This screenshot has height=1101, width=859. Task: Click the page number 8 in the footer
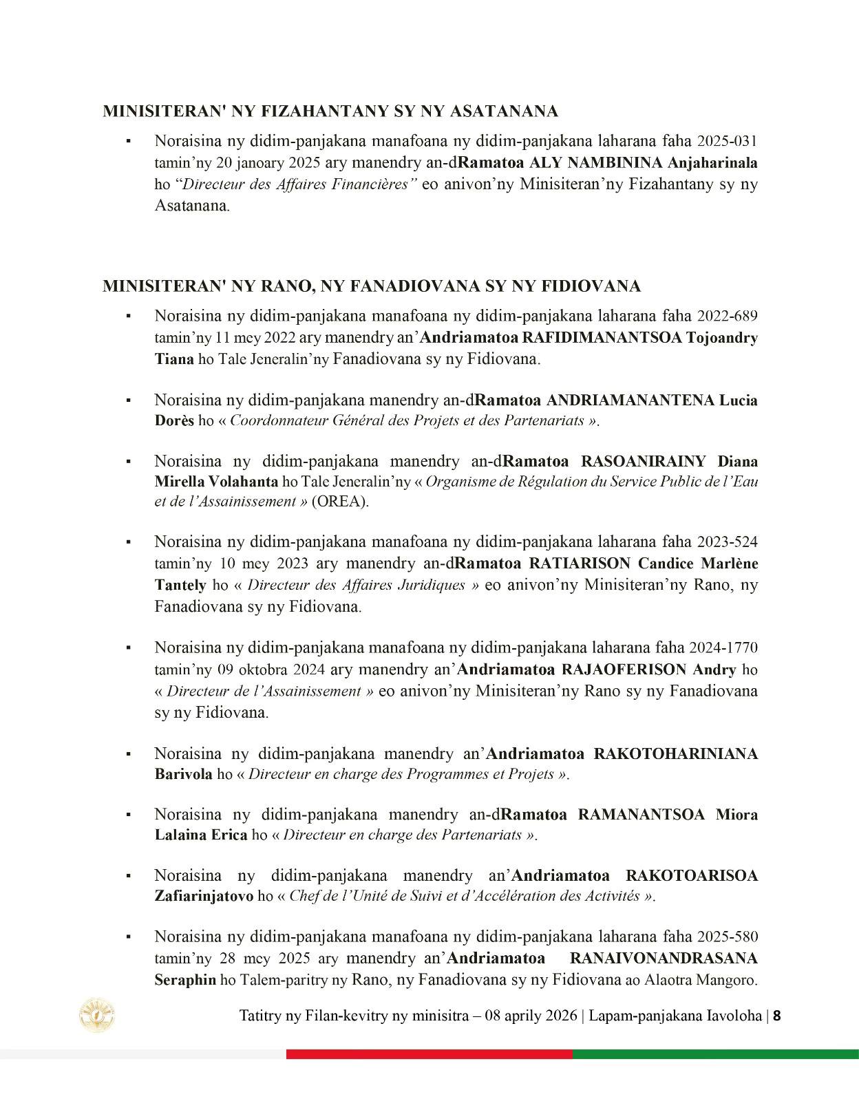pyautogui.click(x=776, y=1016)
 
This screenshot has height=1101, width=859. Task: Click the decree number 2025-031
pyautogui.click(x=727, y=142)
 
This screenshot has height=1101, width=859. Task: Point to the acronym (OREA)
pyautogui.click(x=340, y=502)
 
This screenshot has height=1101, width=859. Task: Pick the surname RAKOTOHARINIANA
pyautogui.click(x=675, y=753)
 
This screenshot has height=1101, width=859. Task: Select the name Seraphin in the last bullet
pyautogui.click(x=185, y=980)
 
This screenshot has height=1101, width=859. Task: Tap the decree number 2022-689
pyautogui.click(x=727, y=317)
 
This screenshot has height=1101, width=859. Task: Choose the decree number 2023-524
pyautogui.click(x=727, y=542)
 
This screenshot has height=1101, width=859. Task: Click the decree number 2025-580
pyautogui.click(x=727, y=937)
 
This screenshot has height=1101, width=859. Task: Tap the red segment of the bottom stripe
pyautogui.click(x=429, y=1054)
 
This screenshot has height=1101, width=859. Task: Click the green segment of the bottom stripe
pyautogui.click(x=715, y=1054)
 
